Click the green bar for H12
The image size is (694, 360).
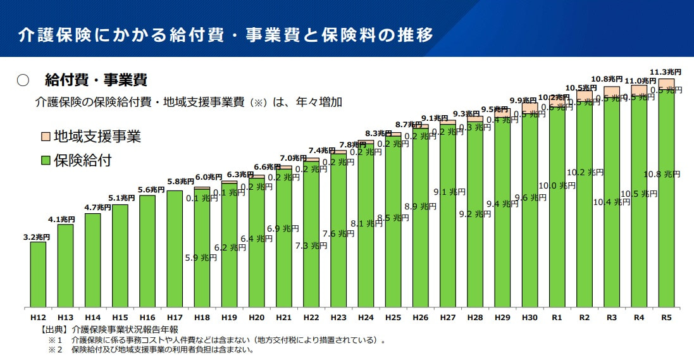[x=38, y=275]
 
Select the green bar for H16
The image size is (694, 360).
[x=147, y=251]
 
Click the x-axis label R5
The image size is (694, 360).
[x=666, y=316]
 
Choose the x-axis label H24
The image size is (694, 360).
[x=366, y=316]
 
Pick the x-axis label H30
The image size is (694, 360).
[x=530, y=316]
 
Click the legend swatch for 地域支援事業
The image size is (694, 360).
[x=45, y=137]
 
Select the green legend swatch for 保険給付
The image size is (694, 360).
[x=45, y=160]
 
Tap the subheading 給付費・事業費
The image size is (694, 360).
[x=96, y=80]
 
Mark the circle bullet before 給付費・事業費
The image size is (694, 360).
[x=23, y=80]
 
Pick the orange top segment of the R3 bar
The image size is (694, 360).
[x=612, y=91]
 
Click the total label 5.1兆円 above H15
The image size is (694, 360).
[x=120, y=197]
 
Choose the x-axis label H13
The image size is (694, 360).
[x=65, y=316]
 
